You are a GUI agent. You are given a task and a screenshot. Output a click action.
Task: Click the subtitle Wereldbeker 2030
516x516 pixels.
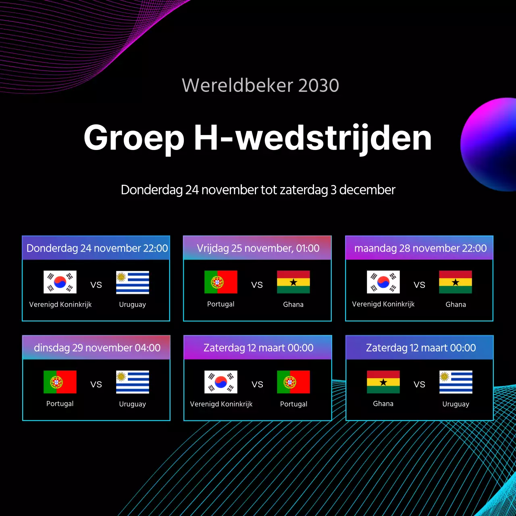(260, 85)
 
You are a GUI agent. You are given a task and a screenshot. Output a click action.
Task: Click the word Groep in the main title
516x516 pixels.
(134, 138)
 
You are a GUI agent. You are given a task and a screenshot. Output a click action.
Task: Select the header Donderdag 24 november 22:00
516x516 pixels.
(97, 248)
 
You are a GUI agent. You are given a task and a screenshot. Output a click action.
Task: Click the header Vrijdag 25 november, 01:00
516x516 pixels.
(258, 248)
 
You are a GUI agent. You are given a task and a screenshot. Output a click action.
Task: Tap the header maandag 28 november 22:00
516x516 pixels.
(420, 248)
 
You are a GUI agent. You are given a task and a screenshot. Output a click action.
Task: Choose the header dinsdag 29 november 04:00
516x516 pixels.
(97, 347)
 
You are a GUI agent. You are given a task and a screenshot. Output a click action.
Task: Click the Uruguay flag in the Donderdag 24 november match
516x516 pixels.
(133, 282)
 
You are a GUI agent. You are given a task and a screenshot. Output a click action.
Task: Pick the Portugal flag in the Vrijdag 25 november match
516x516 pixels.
(221, 282)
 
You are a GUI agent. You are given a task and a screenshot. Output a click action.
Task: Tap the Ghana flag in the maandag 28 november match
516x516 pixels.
(456, 282)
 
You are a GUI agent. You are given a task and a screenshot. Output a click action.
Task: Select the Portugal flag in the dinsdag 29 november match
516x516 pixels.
(60, 382)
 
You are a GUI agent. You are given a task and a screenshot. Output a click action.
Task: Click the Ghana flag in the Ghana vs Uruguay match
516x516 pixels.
(383, 382)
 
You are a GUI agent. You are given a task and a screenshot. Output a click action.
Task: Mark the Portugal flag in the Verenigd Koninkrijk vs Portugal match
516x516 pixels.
(293, 382)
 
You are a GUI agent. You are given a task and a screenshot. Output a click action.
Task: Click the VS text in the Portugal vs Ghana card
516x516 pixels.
(257, 285)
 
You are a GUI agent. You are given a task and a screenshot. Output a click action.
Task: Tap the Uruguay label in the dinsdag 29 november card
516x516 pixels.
(133, 404)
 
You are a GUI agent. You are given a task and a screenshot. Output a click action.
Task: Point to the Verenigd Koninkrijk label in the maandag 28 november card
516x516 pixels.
(383, 304)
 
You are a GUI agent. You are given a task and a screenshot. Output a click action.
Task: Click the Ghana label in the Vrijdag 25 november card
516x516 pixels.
(293, 304)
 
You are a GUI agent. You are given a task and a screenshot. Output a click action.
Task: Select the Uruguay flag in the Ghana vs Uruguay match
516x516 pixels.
(456, 382)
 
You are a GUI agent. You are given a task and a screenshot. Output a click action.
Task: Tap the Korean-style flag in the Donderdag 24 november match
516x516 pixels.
(60, 282)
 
